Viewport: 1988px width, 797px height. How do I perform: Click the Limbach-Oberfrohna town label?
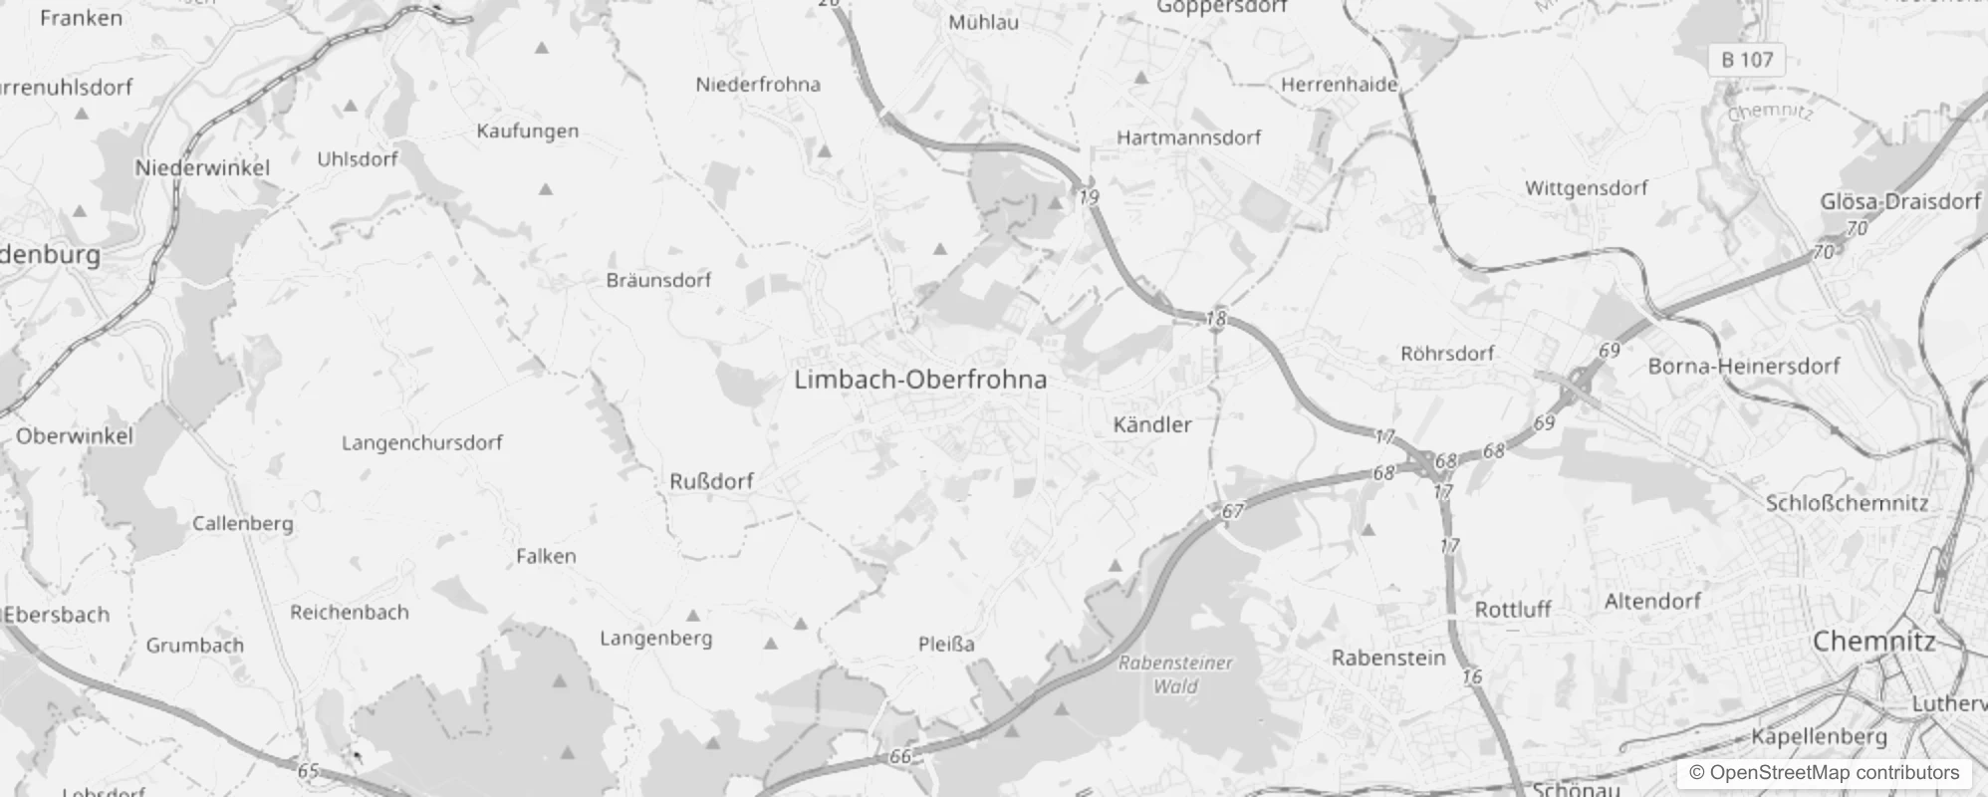pyautogui.click(x=920, y=380)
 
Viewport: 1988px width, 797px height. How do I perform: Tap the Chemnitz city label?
pyautogui.click(x=1872, y=641)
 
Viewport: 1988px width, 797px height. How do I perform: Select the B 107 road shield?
pyautogui.click(x=1747, y=60)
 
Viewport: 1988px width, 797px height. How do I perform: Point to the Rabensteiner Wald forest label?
pyautogui.click(x=1175, y=674)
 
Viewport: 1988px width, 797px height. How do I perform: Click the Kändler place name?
pyautogui.click(x=1151, y=425)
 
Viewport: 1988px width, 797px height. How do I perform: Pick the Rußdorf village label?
pyautogui.click(x=711, y=482)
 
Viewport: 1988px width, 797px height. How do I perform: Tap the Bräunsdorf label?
pyautogui.click(x=658, y=280)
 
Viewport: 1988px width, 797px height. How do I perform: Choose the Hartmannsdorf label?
pyautogui.click(x=1188, y=137)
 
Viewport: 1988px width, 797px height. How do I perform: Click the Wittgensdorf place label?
pyautogui.click(x=1586, y=188)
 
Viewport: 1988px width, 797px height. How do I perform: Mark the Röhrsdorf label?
pyautogui.click(x=1447, y=354)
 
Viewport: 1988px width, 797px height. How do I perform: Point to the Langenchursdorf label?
pyautogui.click(x=421, y=442)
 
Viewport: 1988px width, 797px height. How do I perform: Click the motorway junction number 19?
pyautogui.click(x=1089, y=197)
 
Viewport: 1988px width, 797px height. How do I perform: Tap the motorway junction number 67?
pyautogui.click(x=1232, y=511)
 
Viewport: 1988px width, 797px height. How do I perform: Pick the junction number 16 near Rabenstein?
pyautogui.click(x=1472, y=677)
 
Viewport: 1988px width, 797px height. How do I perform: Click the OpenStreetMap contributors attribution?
pyautogui.click(x=1824, y=773)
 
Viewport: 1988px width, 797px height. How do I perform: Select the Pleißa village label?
pyautogui.click(x=946, y=645)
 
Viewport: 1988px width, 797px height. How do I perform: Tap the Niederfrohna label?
pyautogui.click(x=758, y=85)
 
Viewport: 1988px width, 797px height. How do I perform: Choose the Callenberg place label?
pyautogui.click(x=243, y=523)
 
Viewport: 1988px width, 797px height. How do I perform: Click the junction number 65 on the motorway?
pyautogui.click(x=308, y=770)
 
